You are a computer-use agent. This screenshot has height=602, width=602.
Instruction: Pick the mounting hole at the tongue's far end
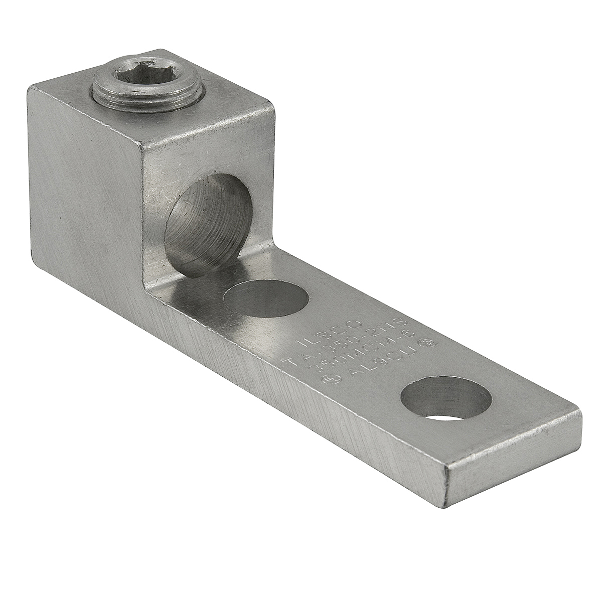[446, 400]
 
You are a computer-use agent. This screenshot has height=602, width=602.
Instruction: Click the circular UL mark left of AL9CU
[329, 379]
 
